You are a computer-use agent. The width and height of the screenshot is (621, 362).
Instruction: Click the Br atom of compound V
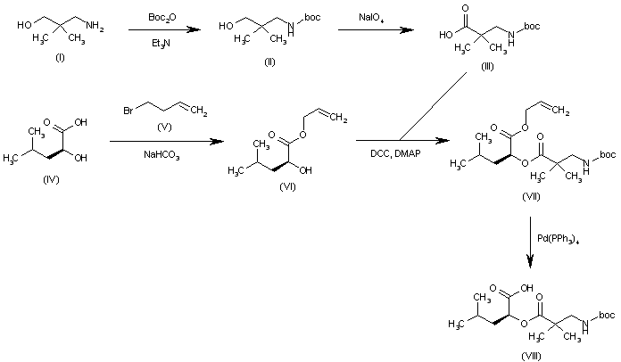(x=128, y=111)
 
